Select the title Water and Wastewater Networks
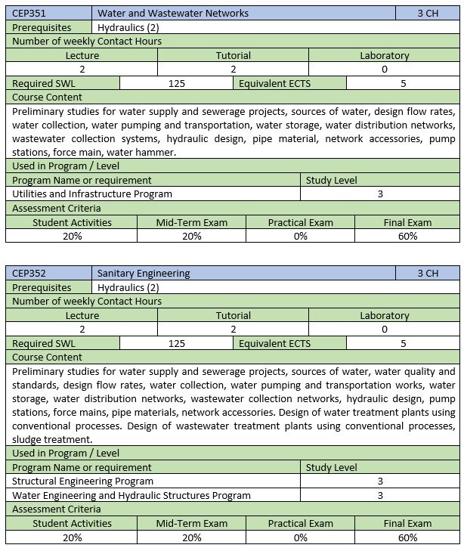coord(173,14)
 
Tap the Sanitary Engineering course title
coord(144,273)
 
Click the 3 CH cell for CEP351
coord(427,14)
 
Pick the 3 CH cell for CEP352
coord(427,273)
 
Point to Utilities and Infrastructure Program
coord(92,194)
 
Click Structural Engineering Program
coord(83,481)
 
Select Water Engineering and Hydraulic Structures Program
coord(131,495)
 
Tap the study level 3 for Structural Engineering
coord(380,481)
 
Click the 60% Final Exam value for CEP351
coord(407,236)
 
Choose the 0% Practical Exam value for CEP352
coord(300,537)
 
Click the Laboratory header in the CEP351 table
coord(384,55)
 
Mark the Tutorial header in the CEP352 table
coord(233,315)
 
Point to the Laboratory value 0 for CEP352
coord(384,330)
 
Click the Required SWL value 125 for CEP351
coord(177,83)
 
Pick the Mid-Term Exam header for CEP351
coord(191,222)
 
